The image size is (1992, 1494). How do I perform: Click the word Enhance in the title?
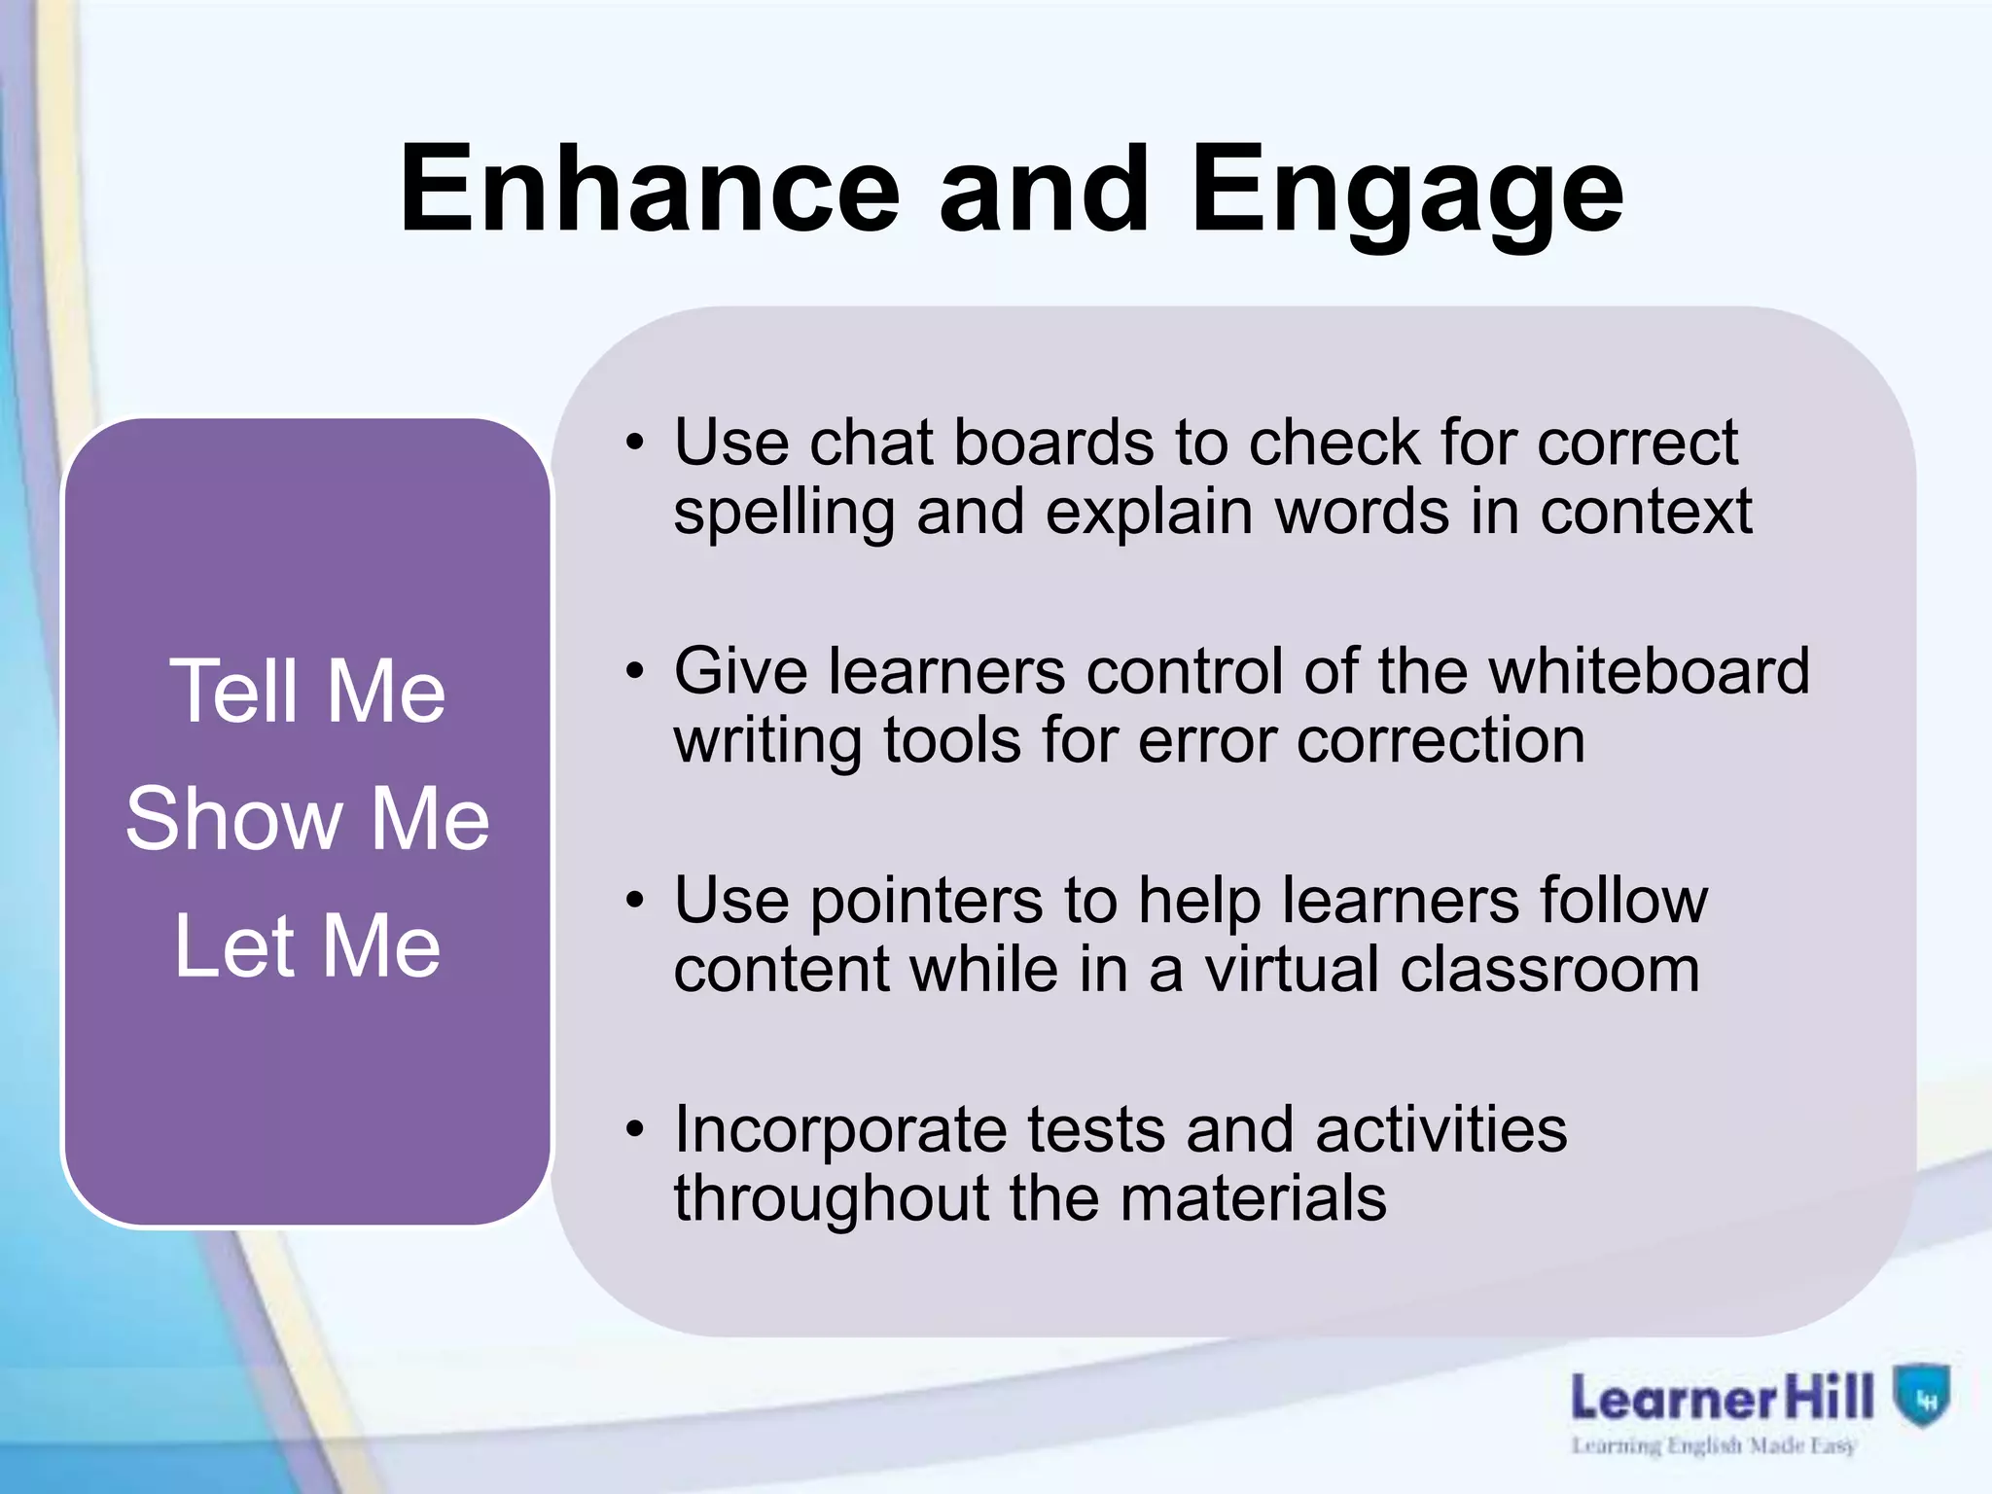click(650, 189)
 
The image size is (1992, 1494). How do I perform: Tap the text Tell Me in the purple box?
click(307, 691)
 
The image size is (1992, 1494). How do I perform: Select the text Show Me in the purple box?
click(307, 818)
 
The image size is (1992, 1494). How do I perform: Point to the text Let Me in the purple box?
click(307, 945)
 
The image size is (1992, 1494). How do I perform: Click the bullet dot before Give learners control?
click(635, 672)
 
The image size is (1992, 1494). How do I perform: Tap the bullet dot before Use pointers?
click(635, 901)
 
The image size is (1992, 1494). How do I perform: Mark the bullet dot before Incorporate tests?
click(635, 1129)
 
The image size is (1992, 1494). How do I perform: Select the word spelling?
click(784, 513)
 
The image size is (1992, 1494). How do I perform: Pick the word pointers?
click(926, 901)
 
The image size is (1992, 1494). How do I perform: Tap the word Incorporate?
click(840, 1129)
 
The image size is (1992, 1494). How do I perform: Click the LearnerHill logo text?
click(1722, 1399)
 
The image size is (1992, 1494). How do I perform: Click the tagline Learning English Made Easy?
click(1714, 1445)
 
